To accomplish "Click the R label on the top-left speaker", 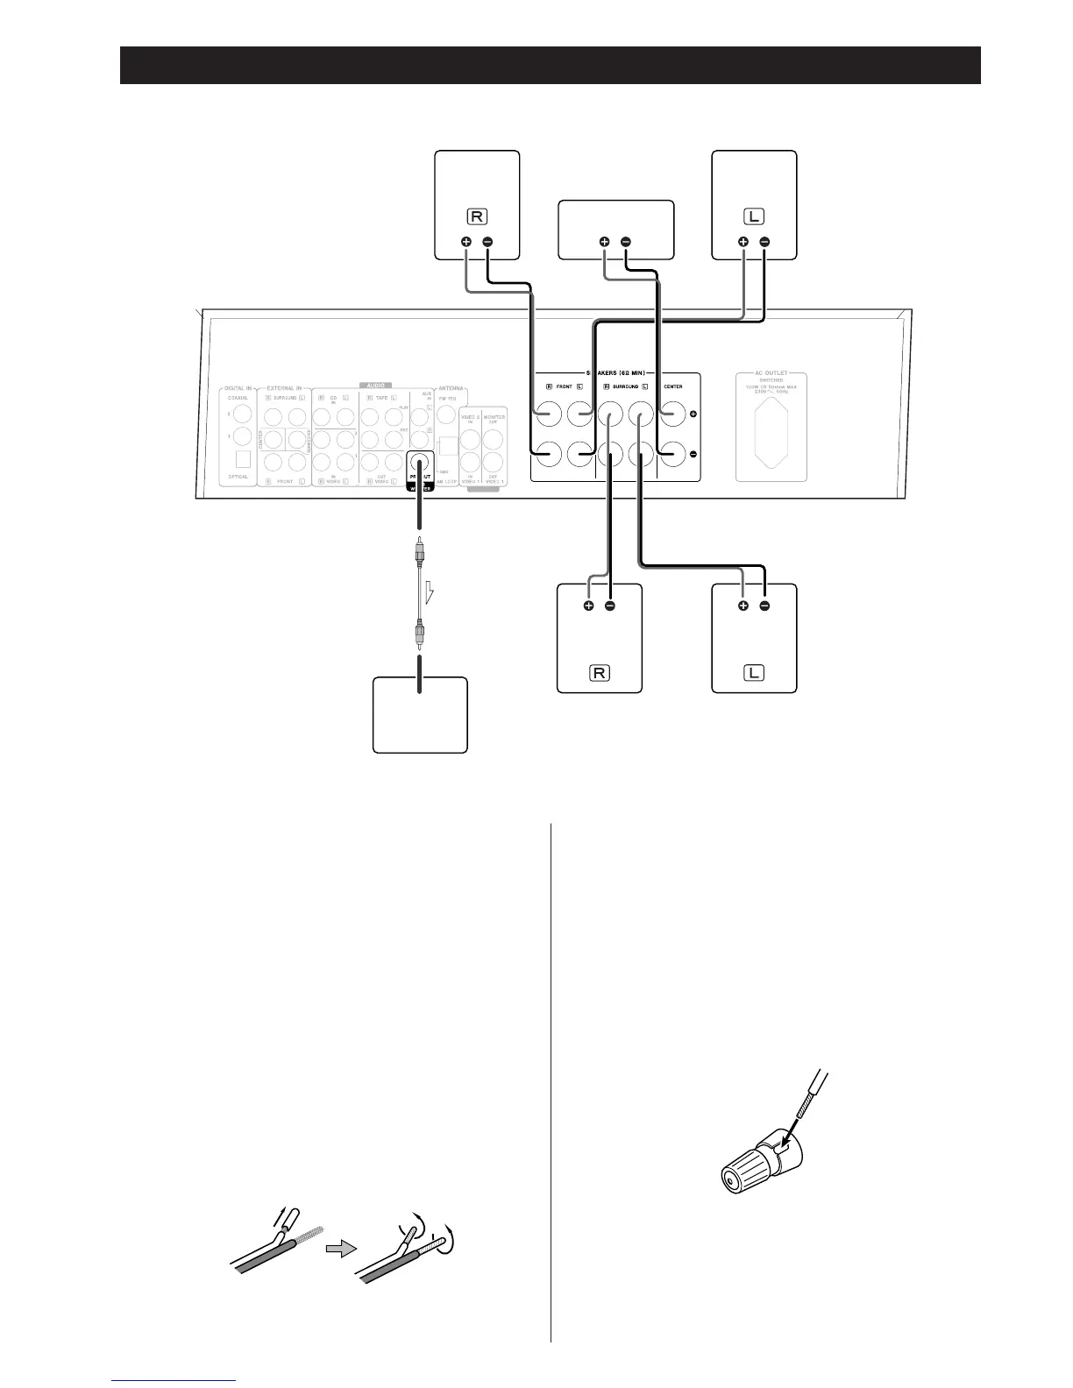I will coord(478,216).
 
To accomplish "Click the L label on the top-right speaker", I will coord(754,216).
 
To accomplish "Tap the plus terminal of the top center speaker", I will coord(604,242).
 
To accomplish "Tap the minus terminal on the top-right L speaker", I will coord(764,242).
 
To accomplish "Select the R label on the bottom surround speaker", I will coord(600,673).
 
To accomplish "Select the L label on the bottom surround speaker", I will coord(754,673).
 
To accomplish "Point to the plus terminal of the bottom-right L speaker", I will coord(743,605).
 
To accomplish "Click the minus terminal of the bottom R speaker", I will coord(610,605).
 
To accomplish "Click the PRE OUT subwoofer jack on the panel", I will coord(420,465).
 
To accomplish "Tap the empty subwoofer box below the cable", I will coord(420,714).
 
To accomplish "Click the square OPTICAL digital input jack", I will coord(243,458).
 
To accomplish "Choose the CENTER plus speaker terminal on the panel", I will coord(672,414).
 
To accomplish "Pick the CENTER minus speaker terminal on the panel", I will coord(672,453).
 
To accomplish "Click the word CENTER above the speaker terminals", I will coord(672,386).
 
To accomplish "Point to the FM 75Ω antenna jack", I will coord(447,414).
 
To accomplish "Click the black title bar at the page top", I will coord(550,65).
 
